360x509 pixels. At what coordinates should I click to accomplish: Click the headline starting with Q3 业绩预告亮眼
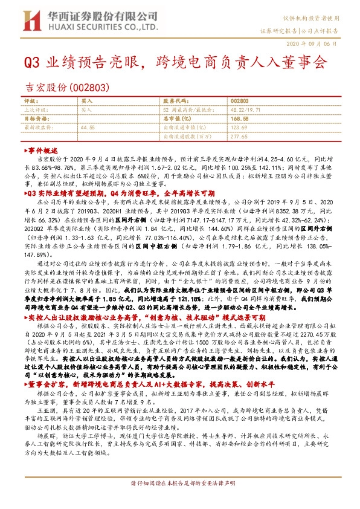coord(175,62)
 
